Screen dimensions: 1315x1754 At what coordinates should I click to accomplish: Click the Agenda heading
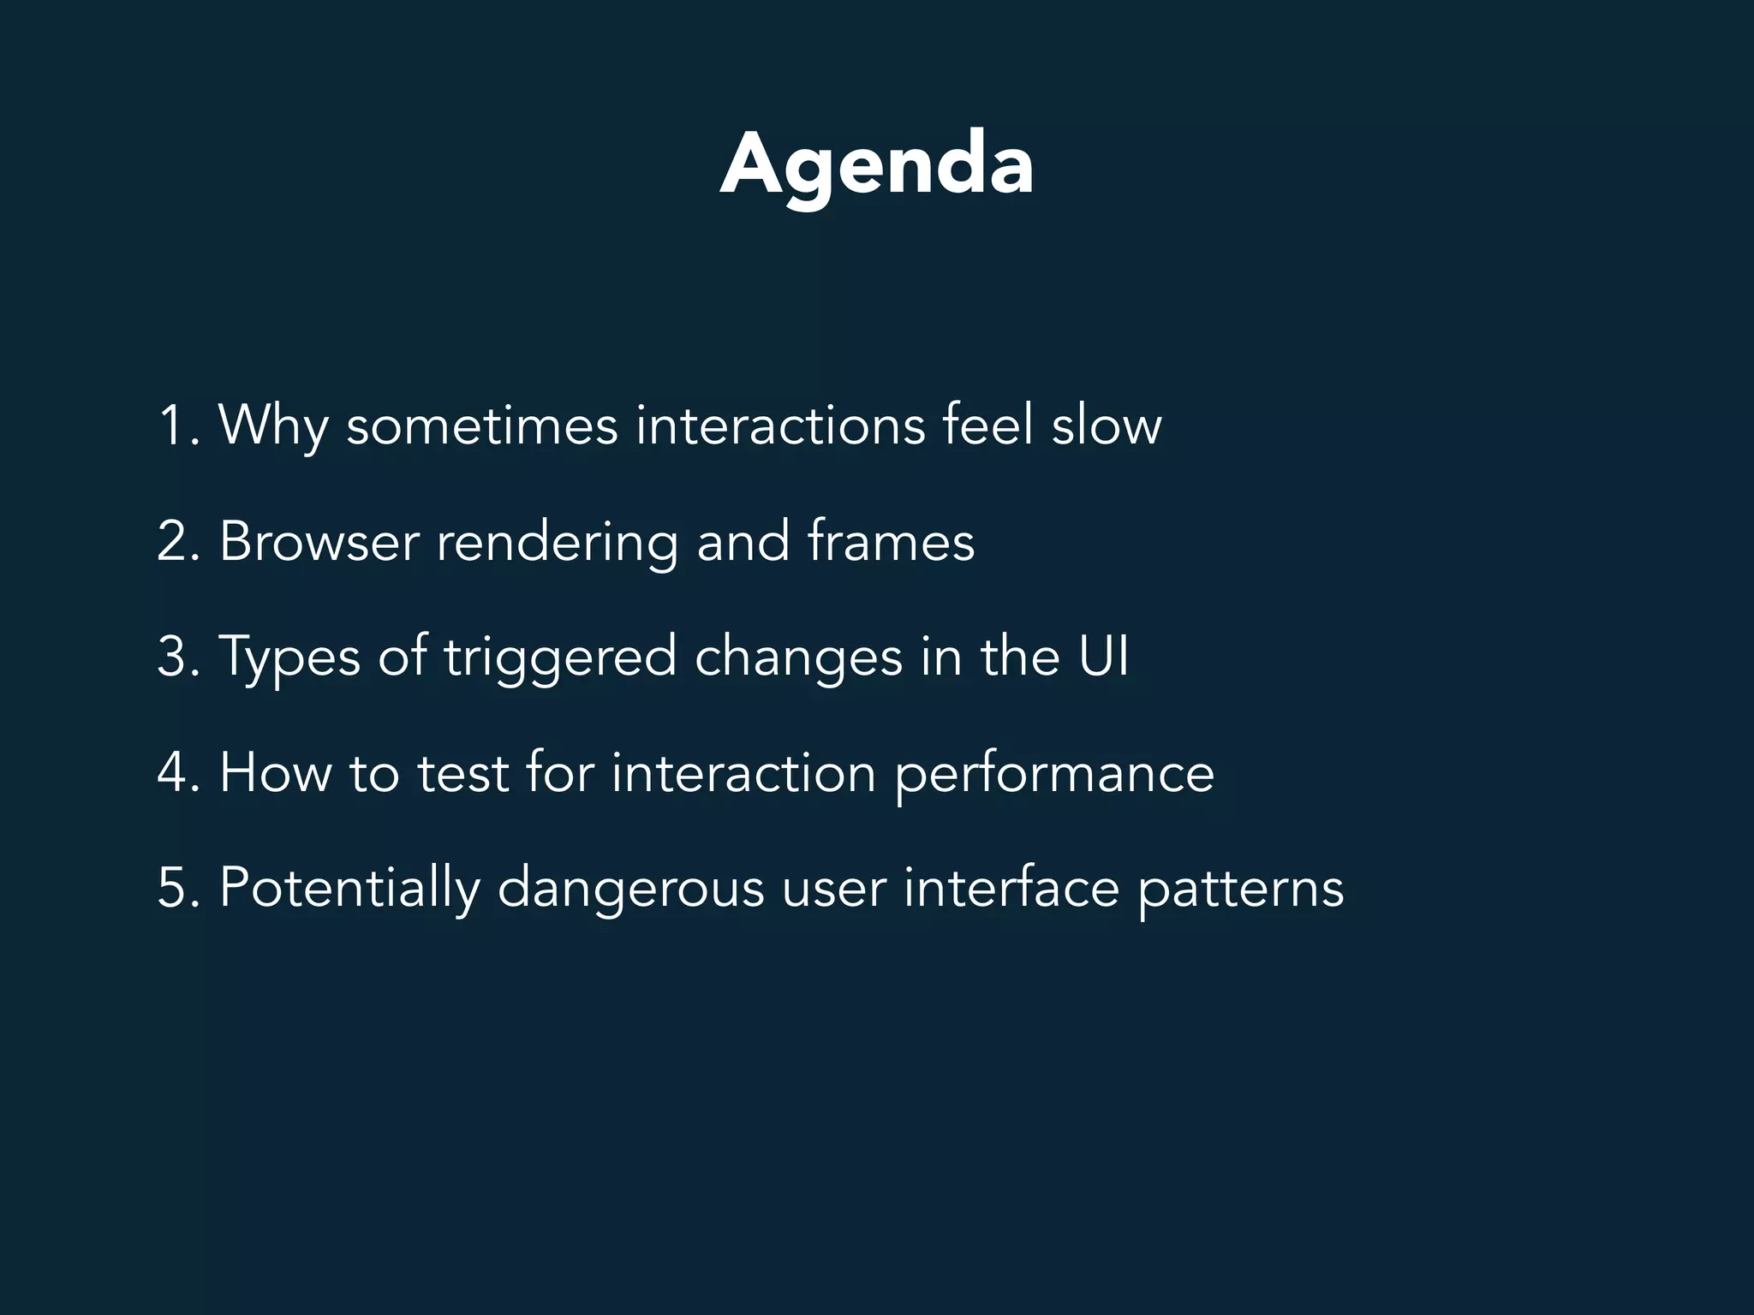pos(877,165)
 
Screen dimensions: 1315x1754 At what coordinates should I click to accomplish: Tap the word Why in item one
pos(273,425)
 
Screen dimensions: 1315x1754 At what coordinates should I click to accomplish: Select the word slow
pos(1106,425)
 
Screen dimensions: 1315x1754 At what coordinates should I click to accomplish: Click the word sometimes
pos(481,425)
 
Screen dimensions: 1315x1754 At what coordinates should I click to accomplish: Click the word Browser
pos(319,542)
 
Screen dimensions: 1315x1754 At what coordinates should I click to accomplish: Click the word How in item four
pos(275,773)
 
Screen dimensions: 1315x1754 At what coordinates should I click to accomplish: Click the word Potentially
pos(349,890)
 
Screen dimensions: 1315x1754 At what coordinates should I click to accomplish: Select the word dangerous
pos(630,890)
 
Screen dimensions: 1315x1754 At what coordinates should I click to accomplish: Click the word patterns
pos(1240,890)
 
